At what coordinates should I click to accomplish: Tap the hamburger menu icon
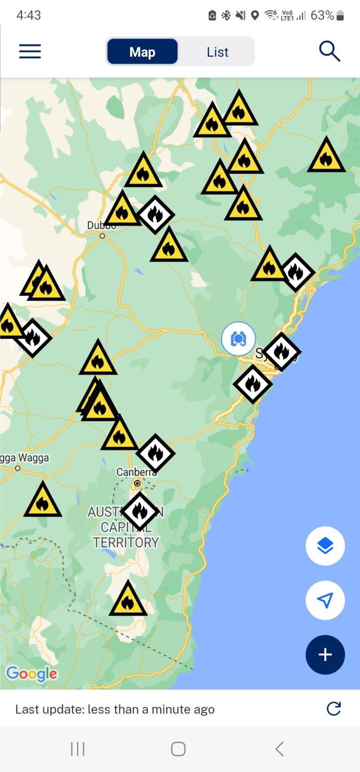[x=30, y=51]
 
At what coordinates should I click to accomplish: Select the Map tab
[x=142, y=52]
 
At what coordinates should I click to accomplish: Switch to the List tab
[x=217, y=52]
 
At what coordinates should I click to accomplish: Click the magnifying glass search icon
[x=329, y=51]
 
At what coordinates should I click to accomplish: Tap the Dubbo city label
[x=101, y=226]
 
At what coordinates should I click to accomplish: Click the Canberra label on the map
[x=136, y=472]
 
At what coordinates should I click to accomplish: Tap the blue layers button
[x=325, y=546]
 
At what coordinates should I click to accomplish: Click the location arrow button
[x=325, y=600]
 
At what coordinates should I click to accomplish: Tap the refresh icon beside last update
[x=334, y=709]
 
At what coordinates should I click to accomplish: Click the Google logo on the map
[x=31, y=674]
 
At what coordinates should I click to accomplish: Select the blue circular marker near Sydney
[x=239, y=338]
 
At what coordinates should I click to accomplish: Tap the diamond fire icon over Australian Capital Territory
[x=140, y=511]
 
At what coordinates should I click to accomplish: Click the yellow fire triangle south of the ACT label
[x=128, y=600]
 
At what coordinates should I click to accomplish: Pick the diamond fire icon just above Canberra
[x=156, y=453]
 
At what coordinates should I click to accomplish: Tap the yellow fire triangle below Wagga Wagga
[x=43, y=501]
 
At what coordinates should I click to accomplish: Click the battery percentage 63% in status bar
[x=322, y=15]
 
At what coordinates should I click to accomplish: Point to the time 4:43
[x=29, y=15]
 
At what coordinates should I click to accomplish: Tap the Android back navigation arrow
[x=279, y=749]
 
